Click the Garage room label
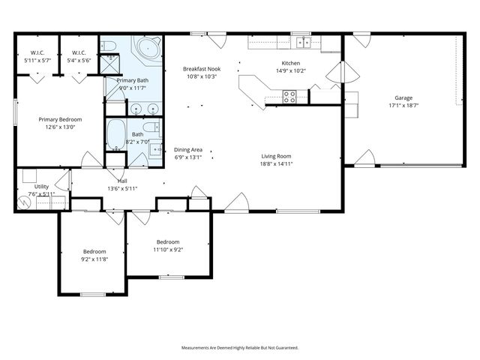[403, 97]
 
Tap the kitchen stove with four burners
[289, 95]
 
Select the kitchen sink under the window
[303, 43]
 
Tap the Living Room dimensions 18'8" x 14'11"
[276, 163]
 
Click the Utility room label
[41, 186]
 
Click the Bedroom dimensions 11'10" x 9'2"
[168, 250]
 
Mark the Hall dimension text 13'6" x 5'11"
[121, 188]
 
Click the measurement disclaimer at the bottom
[240, 348]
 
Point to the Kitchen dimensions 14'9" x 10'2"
[290, 72]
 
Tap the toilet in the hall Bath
[153, 126]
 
